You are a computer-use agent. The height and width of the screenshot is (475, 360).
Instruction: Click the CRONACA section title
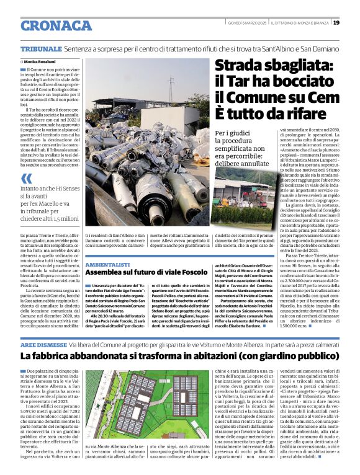click(56, 25)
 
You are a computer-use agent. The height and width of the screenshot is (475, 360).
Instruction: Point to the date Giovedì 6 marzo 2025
click(246, 23)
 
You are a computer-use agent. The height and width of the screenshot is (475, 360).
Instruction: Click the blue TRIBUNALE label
click(40, 48)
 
